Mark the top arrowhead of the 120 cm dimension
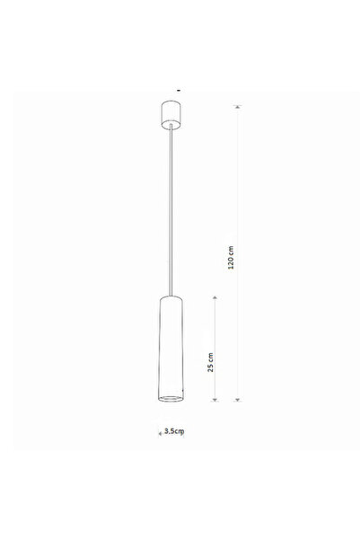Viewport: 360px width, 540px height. pos(238,108)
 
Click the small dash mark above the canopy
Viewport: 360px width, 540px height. pos(180,90)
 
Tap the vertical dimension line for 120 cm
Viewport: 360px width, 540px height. pos(238,180)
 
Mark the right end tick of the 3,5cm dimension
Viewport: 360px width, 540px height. pos(185,432)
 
